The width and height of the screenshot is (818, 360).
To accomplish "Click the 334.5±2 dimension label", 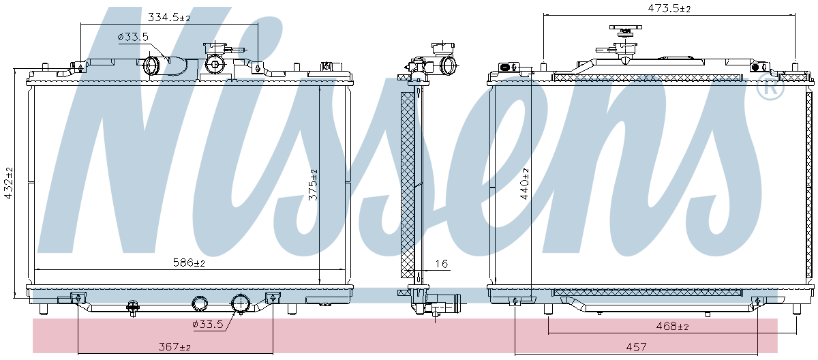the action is (169, 17).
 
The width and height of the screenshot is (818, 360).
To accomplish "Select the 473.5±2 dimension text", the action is (669, 8).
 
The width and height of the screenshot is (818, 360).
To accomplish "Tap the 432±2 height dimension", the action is (8, 183).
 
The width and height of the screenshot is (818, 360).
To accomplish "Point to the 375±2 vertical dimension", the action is (313, 185).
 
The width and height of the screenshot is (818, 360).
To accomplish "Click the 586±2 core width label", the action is (189, 262).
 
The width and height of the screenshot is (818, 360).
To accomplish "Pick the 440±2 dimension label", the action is (524, 183).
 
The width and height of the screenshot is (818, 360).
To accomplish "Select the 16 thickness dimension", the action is (442, 264).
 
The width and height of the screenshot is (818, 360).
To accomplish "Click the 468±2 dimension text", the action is (672, 326).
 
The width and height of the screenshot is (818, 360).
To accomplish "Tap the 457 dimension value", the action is (636, 346).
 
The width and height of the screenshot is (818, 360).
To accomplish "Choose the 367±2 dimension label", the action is (175, 346).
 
